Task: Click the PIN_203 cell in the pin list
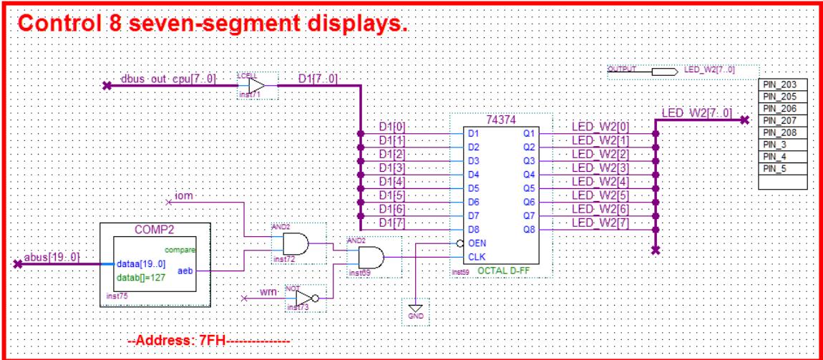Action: pyautogui.click(x=785, y=84)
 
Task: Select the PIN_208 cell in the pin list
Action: pyautogui.click(x=785, y=134)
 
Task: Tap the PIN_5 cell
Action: pyautogui.click(x=785, y=169)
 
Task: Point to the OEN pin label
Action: pyautogui.click(x=477, y=243)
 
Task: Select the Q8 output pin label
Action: pyautogui.click(x=529, y=230)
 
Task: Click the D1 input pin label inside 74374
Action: pyautogui.click(x=472, y=133)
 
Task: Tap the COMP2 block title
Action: pyautogui.click(x=155, y=230)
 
